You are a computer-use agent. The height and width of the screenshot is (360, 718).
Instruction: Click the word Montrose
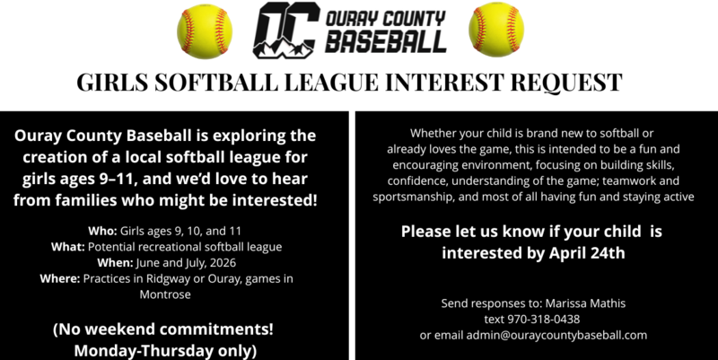coord(166,293)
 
